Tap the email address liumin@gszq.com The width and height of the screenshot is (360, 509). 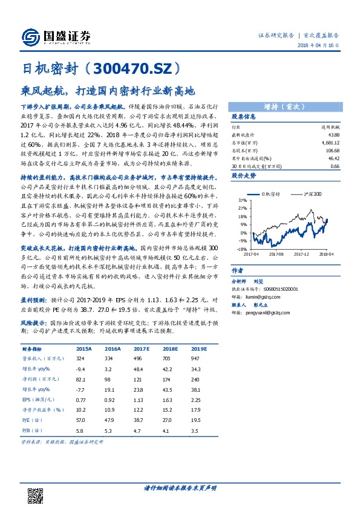[255, 297]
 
